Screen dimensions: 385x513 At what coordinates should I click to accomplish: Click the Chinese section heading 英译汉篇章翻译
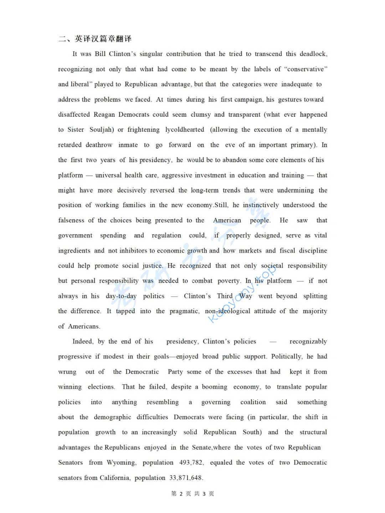(x=103, y=39)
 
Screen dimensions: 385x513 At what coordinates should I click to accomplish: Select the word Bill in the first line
(x=100, y=54)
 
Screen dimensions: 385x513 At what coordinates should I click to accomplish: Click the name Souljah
(x=101, y=130)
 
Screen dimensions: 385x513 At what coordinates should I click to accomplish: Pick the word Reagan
(x=104, y=114)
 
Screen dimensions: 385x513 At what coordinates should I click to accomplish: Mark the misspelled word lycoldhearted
(x=185, y=130)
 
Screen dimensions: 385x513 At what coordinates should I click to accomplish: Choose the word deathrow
(x=99, y=145)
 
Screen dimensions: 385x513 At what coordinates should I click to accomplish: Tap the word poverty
(x=229, y=281)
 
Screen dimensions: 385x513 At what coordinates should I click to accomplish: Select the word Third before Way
(x=225, y=296)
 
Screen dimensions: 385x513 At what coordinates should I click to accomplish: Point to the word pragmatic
(x=184, y=311)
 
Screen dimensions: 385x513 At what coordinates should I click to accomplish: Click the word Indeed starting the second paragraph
(x=83, y=342)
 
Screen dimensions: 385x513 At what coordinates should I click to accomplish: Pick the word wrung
(x=67, y=372)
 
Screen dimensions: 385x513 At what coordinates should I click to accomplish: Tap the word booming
(x=214, y=387)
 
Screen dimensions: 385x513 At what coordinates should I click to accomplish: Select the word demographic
(x=112, y=417)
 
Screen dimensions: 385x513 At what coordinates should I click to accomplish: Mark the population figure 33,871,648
(x=186, y=478)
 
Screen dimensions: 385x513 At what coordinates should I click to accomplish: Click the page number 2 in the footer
(x=181, y=494)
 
